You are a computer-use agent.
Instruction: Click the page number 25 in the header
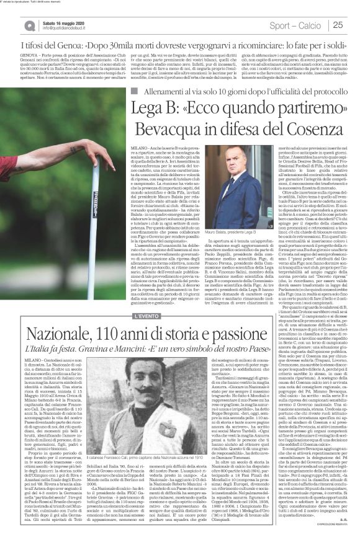(x=338, y=25)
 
